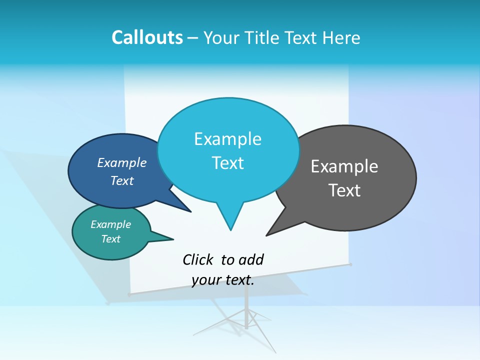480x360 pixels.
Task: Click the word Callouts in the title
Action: coord(147,37)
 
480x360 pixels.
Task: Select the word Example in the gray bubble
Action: coord(344,166)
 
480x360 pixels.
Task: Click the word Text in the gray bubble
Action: coord(344,190)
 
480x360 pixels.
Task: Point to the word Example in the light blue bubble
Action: coord(227,139)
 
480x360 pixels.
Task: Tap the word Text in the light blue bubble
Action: coord(228,163)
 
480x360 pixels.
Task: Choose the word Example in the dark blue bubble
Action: coord(122,163)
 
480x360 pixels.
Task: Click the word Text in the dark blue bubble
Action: coord(122,180)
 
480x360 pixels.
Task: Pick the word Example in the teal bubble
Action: coord(111,224)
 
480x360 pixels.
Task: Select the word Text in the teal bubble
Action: coord(111,239)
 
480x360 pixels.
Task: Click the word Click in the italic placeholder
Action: coord(197,259)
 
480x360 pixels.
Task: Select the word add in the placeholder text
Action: coord(251,259)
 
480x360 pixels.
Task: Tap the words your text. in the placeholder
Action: coord(223,280)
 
